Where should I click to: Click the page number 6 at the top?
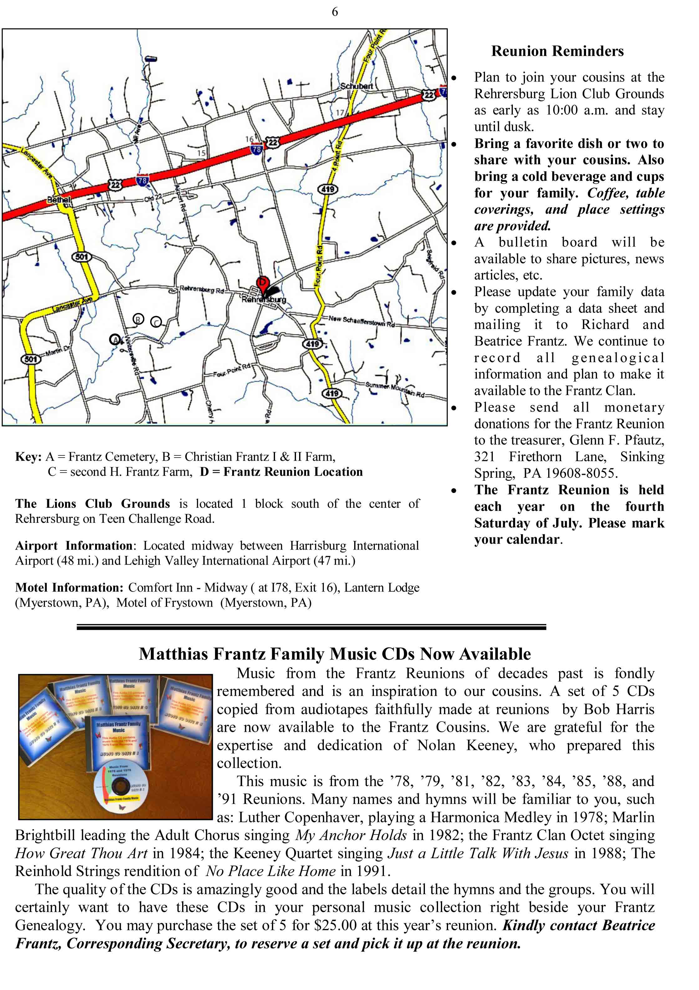click(x=335, y=12)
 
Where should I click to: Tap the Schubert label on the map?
click(x=356, y=86)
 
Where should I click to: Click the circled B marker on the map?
click(x=138, y=319)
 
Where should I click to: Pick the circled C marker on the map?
click(x=156, y=322)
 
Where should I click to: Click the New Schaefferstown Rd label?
click(x=361, y=321)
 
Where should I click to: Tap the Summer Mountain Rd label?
click(x=395, y=389)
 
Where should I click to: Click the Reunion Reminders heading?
click(x=557, y=51)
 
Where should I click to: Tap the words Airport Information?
click(x=74, y=546)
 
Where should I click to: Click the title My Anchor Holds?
click(x=351, y=835)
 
